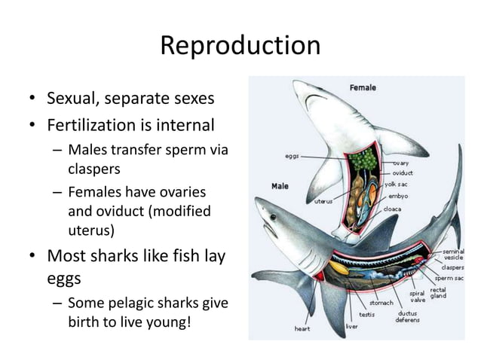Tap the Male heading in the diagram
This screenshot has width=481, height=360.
(280, 185)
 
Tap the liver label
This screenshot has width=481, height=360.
(351, 326)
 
